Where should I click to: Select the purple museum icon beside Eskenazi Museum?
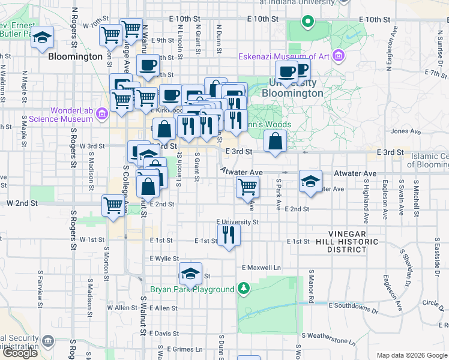click(339, 56)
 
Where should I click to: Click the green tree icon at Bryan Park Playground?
click(243, 289)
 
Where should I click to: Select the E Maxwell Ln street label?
click(261, 267)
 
